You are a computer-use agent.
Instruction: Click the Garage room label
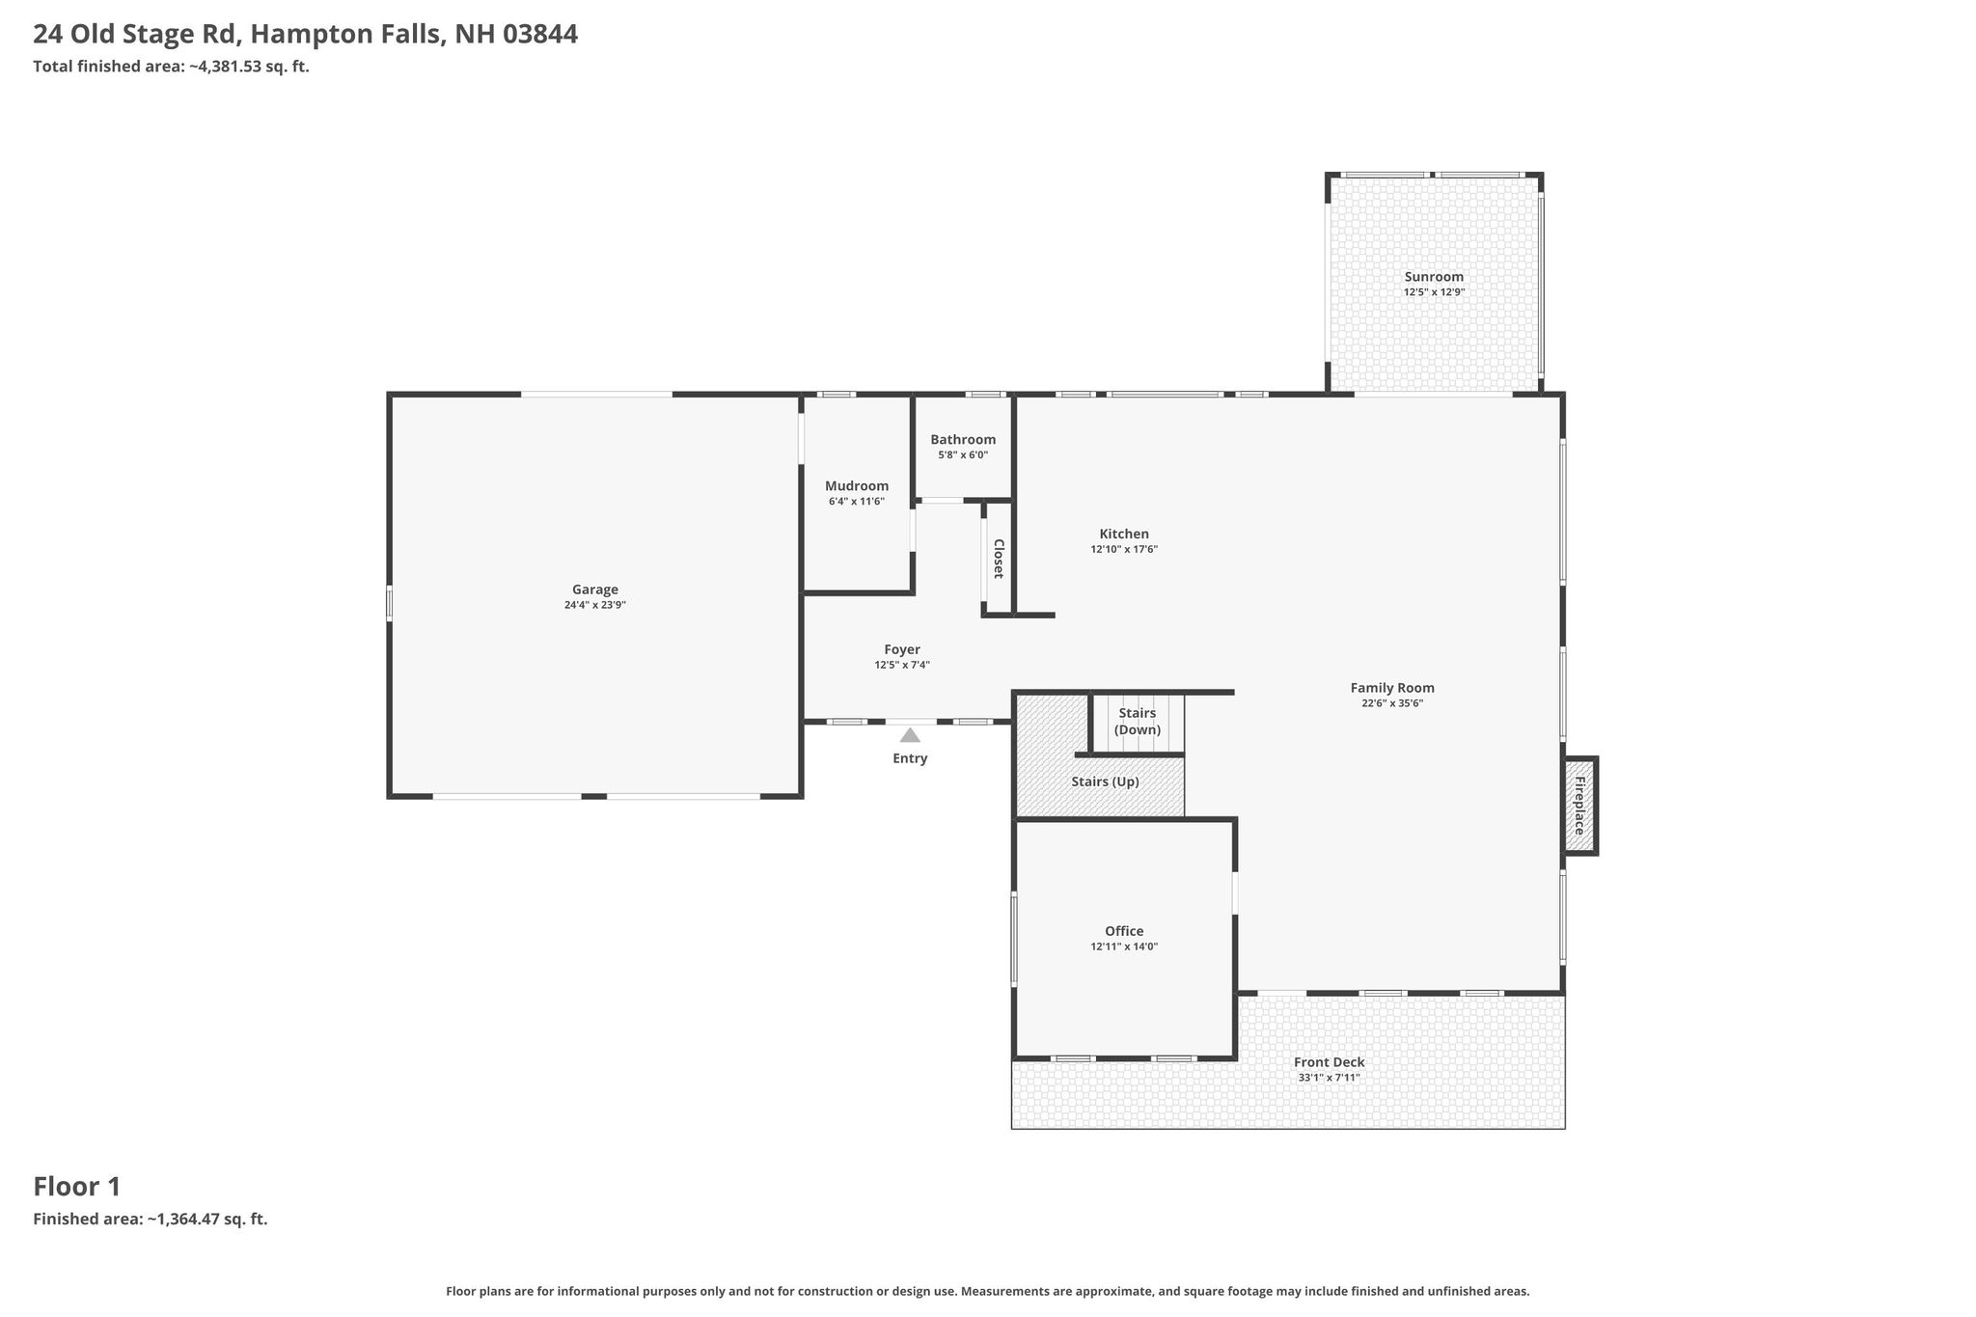point(595,590)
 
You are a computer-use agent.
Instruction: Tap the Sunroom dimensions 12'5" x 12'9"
point(1434,292)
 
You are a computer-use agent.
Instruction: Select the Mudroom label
point(857,486)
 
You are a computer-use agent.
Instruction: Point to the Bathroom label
point(963,440)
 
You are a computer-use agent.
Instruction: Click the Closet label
point(999,559)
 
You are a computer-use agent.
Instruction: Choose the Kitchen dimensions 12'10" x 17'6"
point(1124,550)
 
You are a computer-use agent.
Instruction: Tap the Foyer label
point(902,650)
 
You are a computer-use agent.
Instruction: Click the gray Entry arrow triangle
point(910,735)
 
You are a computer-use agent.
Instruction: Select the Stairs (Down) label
point(1138,722)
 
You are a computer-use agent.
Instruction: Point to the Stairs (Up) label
point(1105,782)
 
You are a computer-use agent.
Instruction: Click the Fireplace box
point(1580,806)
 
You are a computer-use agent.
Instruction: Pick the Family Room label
point(1392,688)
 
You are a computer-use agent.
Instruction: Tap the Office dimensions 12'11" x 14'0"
point(1124,947)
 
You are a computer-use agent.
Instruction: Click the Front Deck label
point(1330,1062)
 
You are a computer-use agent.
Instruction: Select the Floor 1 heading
point(77,1187)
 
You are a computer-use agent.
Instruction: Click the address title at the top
point(306,35)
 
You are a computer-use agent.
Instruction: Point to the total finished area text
point(171,67)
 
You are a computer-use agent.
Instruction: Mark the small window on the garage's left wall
point(390,603)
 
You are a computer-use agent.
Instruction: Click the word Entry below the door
point(910,758)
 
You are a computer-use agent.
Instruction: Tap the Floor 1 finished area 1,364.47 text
point(151,1219)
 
